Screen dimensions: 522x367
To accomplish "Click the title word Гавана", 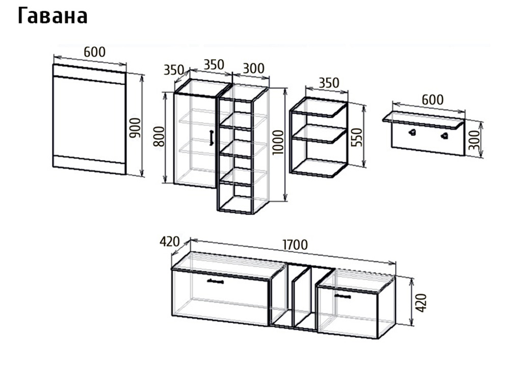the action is click(53, 16).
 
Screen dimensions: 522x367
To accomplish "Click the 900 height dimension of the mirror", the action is click(135, 127).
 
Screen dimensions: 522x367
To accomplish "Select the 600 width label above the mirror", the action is click(94, 52).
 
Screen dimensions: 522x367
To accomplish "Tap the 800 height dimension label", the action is click(159, 137).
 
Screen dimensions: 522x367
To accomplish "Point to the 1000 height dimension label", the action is click(278, 143).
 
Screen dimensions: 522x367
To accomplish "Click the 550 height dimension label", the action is click(356, 137).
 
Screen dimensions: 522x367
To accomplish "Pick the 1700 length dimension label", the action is click(295, 245).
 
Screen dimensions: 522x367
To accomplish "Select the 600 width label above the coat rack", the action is click(432, 99).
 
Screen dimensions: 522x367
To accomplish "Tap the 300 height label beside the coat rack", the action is click(474, 140).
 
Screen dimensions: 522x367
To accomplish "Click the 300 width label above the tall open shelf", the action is click(254, 68).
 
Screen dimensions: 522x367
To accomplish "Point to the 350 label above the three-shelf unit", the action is click(329, 83).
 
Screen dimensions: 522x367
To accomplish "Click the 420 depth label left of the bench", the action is click(169, 242).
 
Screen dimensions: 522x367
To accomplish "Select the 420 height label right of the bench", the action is click(421, 303).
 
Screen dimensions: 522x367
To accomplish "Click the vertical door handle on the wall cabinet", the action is click(211, 138).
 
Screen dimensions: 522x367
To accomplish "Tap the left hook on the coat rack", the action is click(412, 133).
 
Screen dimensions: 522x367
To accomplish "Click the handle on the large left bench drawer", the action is click(215, 282).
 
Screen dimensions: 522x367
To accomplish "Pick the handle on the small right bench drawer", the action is click(343, 296).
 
